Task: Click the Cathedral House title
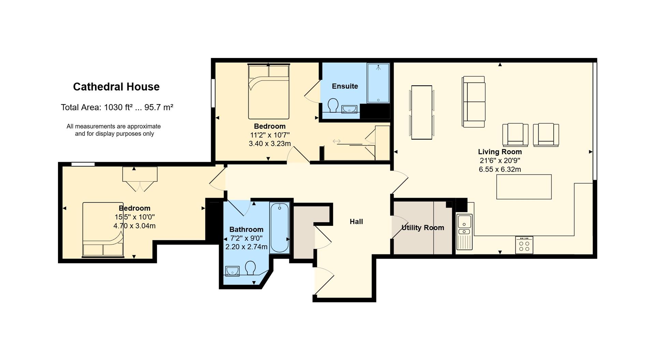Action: pyautogui.click(x=116, y=87)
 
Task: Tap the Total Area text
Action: pyautogui.click(x=117, y=107)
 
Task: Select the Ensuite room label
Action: pyautogui.click(x=345, y=86)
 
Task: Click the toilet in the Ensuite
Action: pyautogui.click(x=333, y=105)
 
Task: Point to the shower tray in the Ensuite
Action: pyautogui.click(x=378, y=83)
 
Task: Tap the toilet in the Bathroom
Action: pyautogui.click(x=250, y=268)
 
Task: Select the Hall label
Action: pyautogui.click(x=356, y=222)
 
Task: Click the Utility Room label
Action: pyautogui.click(x=423, y=228)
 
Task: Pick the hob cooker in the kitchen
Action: pyautogui.click(x=524, y=245)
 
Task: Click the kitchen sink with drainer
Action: pyautogui.click(x=464, y=232)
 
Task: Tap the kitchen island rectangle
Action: pyautogui.click(x=524, y=187)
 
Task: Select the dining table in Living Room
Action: pyautogui.click(x=422, y=112)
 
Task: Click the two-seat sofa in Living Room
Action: pyautogui.click(x=474, y=102)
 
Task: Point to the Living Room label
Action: pyautogui.click(x=500, y=152)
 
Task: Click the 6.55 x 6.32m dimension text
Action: pyautogui.click(x=500, y=169)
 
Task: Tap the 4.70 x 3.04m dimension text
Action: pyautogui.click(x=134, y=226)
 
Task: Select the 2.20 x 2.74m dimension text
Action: pyautogui.click(x=246, y=247)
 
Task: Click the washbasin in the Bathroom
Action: pyautogui.click(x=232, y=271)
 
